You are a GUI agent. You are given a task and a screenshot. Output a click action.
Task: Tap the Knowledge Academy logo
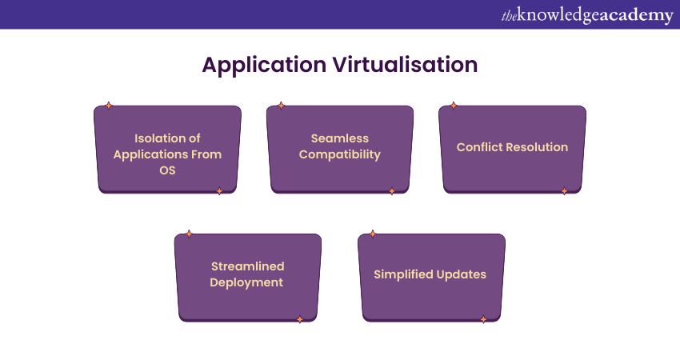(x=587, y=15)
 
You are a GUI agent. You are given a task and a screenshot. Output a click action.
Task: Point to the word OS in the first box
(x=167, y=170)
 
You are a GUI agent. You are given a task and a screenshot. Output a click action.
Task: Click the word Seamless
(x=340, y=138)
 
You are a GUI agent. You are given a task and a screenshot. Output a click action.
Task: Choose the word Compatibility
(x=340, y=154)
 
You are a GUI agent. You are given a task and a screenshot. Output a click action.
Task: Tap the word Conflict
(x=480, y=147)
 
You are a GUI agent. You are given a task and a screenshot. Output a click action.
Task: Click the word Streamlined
(x=248, y=266)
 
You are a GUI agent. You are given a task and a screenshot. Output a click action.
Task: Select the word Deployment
(x=248, y=282)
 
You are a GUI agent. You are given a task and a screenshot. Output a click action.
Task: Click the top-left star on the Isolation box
(x=109, y=106)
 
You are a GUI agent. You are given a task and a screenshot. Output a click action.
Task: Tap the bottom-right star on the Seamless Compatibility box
(x=392, y=191)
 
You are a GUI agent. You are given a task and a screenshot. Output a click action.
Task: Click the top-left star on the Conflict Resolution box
(x=454, y=106)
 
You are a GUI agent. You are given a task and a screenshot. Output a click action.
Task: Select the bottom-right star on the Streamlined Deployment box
(x=300, y=319)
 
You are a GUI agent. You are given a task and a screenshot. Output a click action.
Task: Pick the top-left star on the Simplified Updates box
(x=373, y=234)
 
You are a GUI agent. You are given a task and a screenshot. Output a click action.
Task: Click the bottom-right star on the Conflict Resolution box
(x=564, y=191)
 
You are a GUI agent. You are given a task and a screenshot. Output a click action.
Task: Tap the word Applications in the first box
(x=150, y=154)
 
